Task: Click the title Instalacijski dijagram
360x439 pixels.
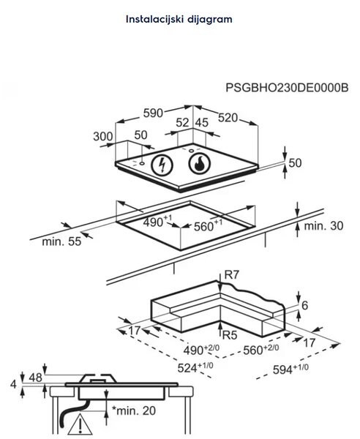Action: point(179,20)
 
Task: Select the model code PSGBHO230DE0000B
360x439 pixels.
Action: point(287,88)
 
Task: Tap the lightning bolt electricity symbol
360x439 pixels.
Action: point(162,165)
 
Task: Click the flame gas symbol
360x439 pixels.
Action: point(199,163)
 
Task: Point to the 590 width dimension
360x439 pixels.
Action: point(153,113)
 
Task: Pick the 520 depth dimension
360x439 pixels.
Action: point(228,118)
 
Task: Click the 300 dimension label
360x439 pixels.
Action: point(103,137)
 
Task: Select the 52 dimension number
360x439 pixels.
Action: point(182,123)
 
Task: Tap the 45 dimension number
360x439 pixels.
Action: point(201,123)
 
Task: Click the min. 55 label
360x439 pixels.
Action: point(61,241)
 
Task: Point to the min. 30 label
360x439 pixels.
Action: point(323,225)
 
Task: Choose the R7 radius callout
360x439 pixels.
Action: point(231,275)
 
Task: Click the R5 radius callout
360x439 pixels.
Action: point(230,334)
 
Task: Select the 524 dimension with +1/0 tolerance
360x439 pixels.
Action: point(195,367)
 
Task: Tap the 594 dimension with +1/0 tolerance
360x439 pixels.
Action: point(290,369)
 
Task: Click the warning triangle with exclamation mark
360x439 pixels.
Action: point(80,425)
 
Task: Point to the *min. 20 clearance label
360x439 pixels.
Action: point(133,410)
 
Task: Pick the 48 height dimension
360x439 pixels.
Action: point(36,378)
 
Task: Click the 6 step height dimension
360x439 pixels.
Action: point(305,305)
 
